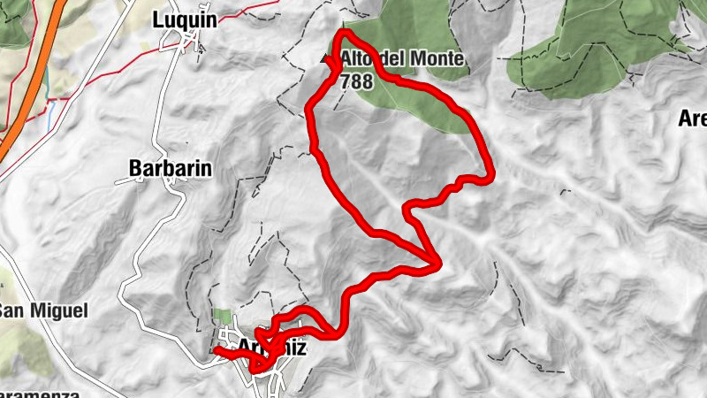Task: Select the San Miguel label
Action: coord(44,310)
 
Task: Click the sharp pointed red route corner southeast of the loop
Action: coord(437,263)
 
